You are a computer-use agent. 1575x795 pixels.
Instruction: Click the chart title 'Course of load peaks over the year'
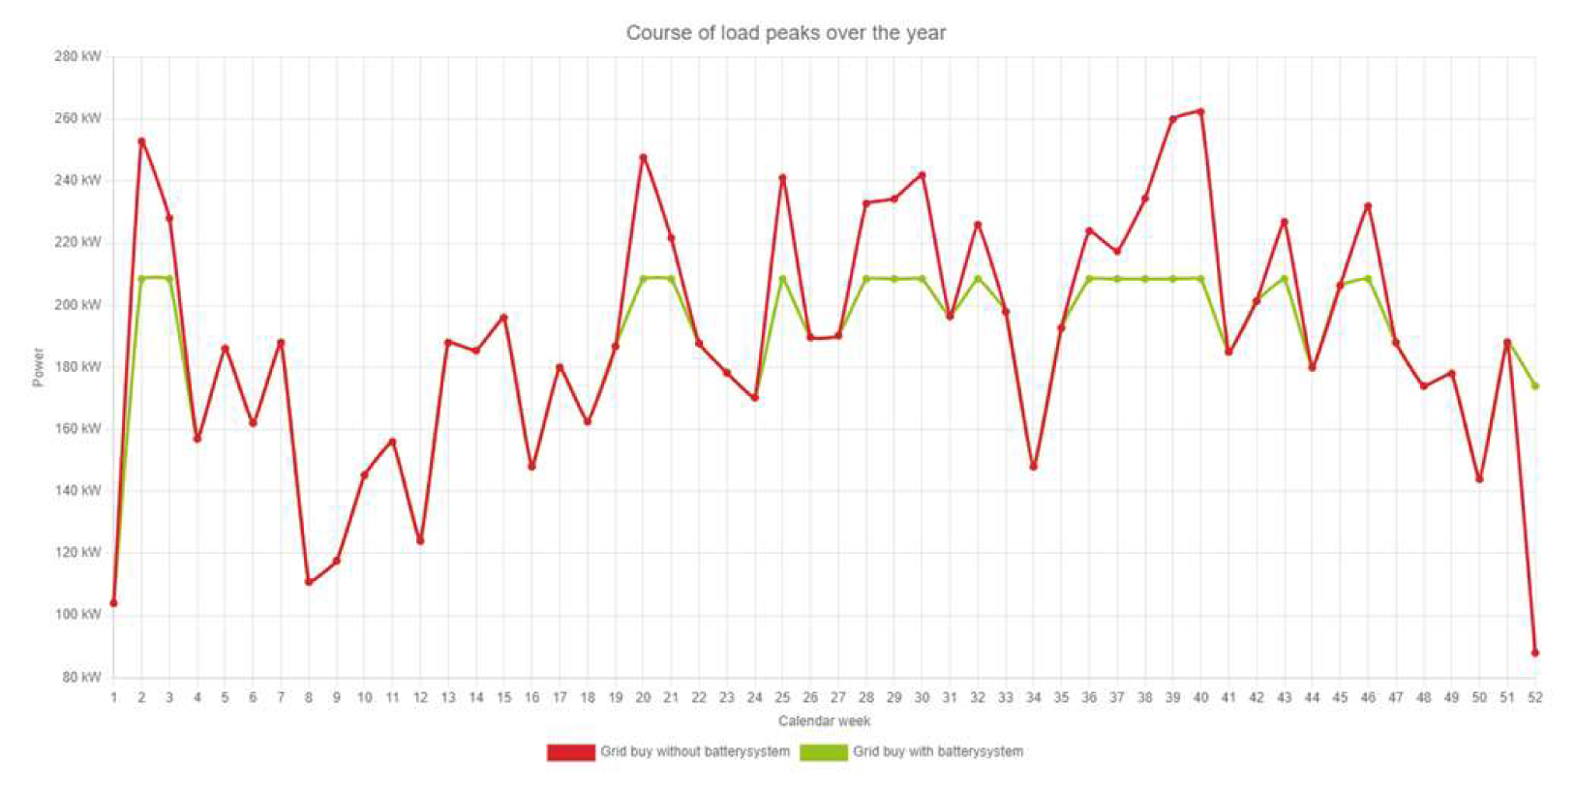click(x=785, y=33)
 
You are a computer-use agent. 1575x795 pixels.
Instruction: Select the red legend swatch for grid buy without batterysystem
click(x=570, y=752)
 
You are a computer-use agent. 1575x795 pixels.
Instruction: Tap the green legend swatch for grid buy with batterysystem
click(x=823, y=752)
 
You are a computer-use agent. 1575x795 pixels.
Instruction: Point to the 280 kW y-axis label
click(x=77, y=56)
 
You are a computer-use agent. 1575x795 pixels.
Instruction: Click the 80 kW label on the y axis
click(x=81, y=677)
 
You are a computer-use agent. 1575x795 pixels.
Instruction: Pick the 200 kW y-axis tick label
click(x=77, y=305)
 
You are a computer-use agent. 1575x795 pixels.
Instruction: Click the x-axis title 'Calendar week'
click(x=824, y=721)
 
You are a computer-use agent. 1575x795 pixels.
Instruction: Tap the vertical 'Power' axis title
click(x=39, y=367)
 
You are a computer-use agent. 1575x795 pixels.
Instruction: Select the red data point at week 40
click(x=1200, y=111)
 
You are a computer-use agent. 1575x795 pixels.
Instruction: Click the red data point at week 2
click(x=141, y=141)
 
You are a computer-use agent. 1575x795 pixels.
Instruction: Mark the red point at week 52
click(x=1535, y=653)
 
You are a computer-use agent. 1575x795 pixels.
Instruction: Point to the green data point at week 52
click(x=1535, y=386)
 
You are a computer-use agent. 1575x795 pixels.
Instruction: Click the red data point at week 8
click(x=309, y=582)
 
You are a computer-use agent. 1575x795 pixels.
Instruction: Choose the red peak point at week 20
click(x=643, y=158)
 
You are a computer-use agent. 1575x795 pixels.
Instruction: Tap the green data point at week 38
click(x=1145, y=279)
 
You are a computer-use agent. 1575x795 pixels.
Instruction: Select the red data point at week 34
click(x=1034, y=467)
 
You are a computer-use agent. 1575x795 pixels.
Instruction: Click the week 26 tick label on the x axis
click(x=810, y=697)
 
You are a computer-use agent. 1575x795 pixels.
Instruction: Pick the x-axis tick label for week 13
click(x=448, y=697)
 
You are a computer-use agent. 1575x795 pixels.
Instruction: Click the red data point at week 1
click(x=113, y=603)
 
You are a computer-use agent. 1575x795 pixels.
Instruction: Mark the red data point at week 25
click(x=782, y=178)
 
